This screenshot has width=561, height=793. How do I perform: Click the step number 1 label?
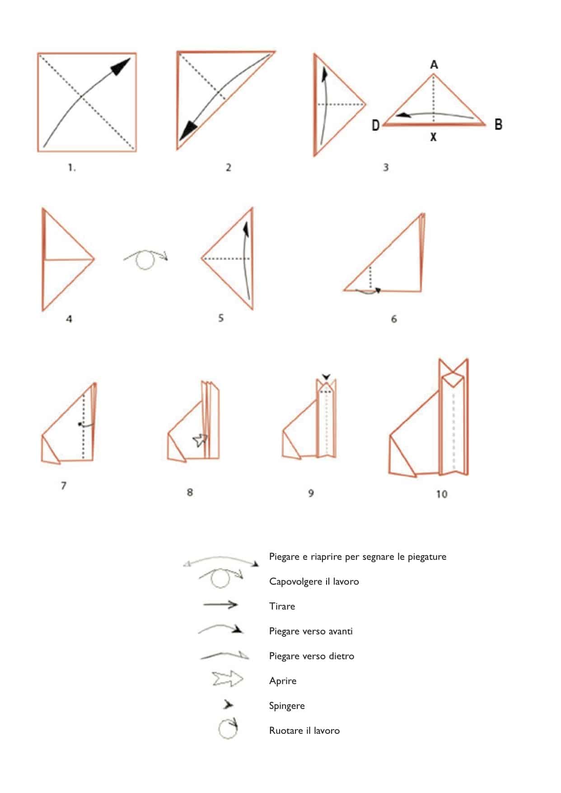[x=71, y=168]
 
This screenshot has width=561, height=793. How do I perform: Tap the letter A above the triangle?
[x=434, y=65]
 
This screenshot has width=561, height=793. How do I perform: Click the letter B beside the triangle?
[x=498, y=124]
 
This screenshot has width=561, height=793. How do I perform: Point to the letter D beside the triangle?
[x=375, y=125]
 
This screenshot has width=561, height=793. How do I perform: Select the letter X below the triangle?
[x=433, y=137]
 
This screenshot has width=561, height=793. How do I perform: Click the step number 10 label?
[x=441, y=494]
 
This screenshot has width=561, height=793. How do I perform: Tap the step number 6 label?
[x=393, y=319]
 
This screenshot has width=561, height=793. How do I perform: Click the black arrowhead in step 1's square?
[x=121, y=66]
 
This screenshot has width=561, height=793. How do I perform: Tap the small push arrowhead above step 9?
[x=326, y=377]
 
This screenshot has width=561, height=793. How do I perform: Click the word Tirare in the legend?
[x=282, y=606]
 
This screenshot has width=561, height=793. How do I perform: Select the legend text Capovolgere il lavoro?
[x=314, y=582]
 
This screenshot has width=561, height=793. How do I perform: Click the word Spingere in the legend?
[x=287, y=706]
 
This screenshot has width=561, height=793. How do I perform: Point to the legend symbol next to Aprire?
[x=227, y=679]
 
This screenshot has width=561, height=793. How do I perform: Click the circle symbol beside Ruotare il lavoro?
[x=228, y=728]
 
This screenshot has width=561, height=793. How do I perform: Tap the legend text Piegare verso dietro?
[x=312, y=656]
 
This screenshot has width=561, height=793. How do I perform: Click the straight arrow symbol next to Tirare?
[x=220, y=605]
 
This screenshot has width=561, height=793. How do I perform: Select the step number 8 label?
[x=190, y=492]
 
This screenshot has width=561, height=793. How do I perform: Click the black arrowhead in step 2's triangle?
[x=188, y=131]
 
